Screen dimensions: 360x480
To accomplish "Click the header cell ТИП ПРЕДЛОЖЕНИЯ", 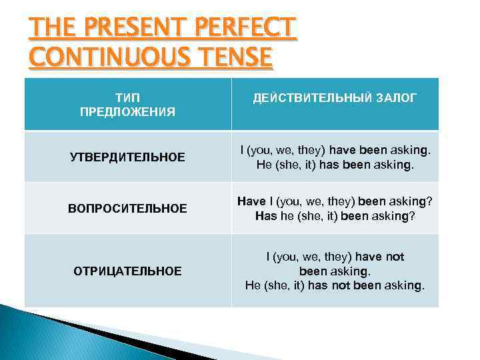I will point(127,104).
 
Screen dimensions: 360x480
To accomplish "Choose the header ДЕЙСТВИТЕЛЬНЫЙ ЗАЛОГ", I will point(335,98).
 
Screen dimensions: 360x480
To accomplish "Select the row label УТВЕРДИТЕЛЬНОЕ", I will point(127,157).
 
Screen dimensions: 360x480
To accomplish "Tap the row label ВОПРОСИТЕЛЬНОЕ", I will point(127,209).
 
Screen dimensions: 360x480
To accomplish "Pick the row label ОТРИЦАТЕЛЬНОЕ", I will point(127,271).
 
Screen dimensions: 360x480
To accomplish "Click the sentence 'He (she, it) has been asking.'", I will point(335,164).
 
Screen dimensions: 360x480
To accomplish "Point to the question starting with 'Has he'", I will point(335,216).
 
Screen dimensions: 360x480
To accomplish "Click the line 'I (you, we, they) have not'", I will point(335,256).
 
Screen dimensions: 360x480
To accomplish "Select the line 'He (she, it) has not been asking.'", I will point(335,285).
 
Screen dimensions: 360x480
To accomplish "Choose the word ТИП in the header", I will point(127,97).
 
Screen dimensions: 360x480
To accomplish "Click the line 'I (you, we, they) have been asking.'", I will point(335,150).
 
